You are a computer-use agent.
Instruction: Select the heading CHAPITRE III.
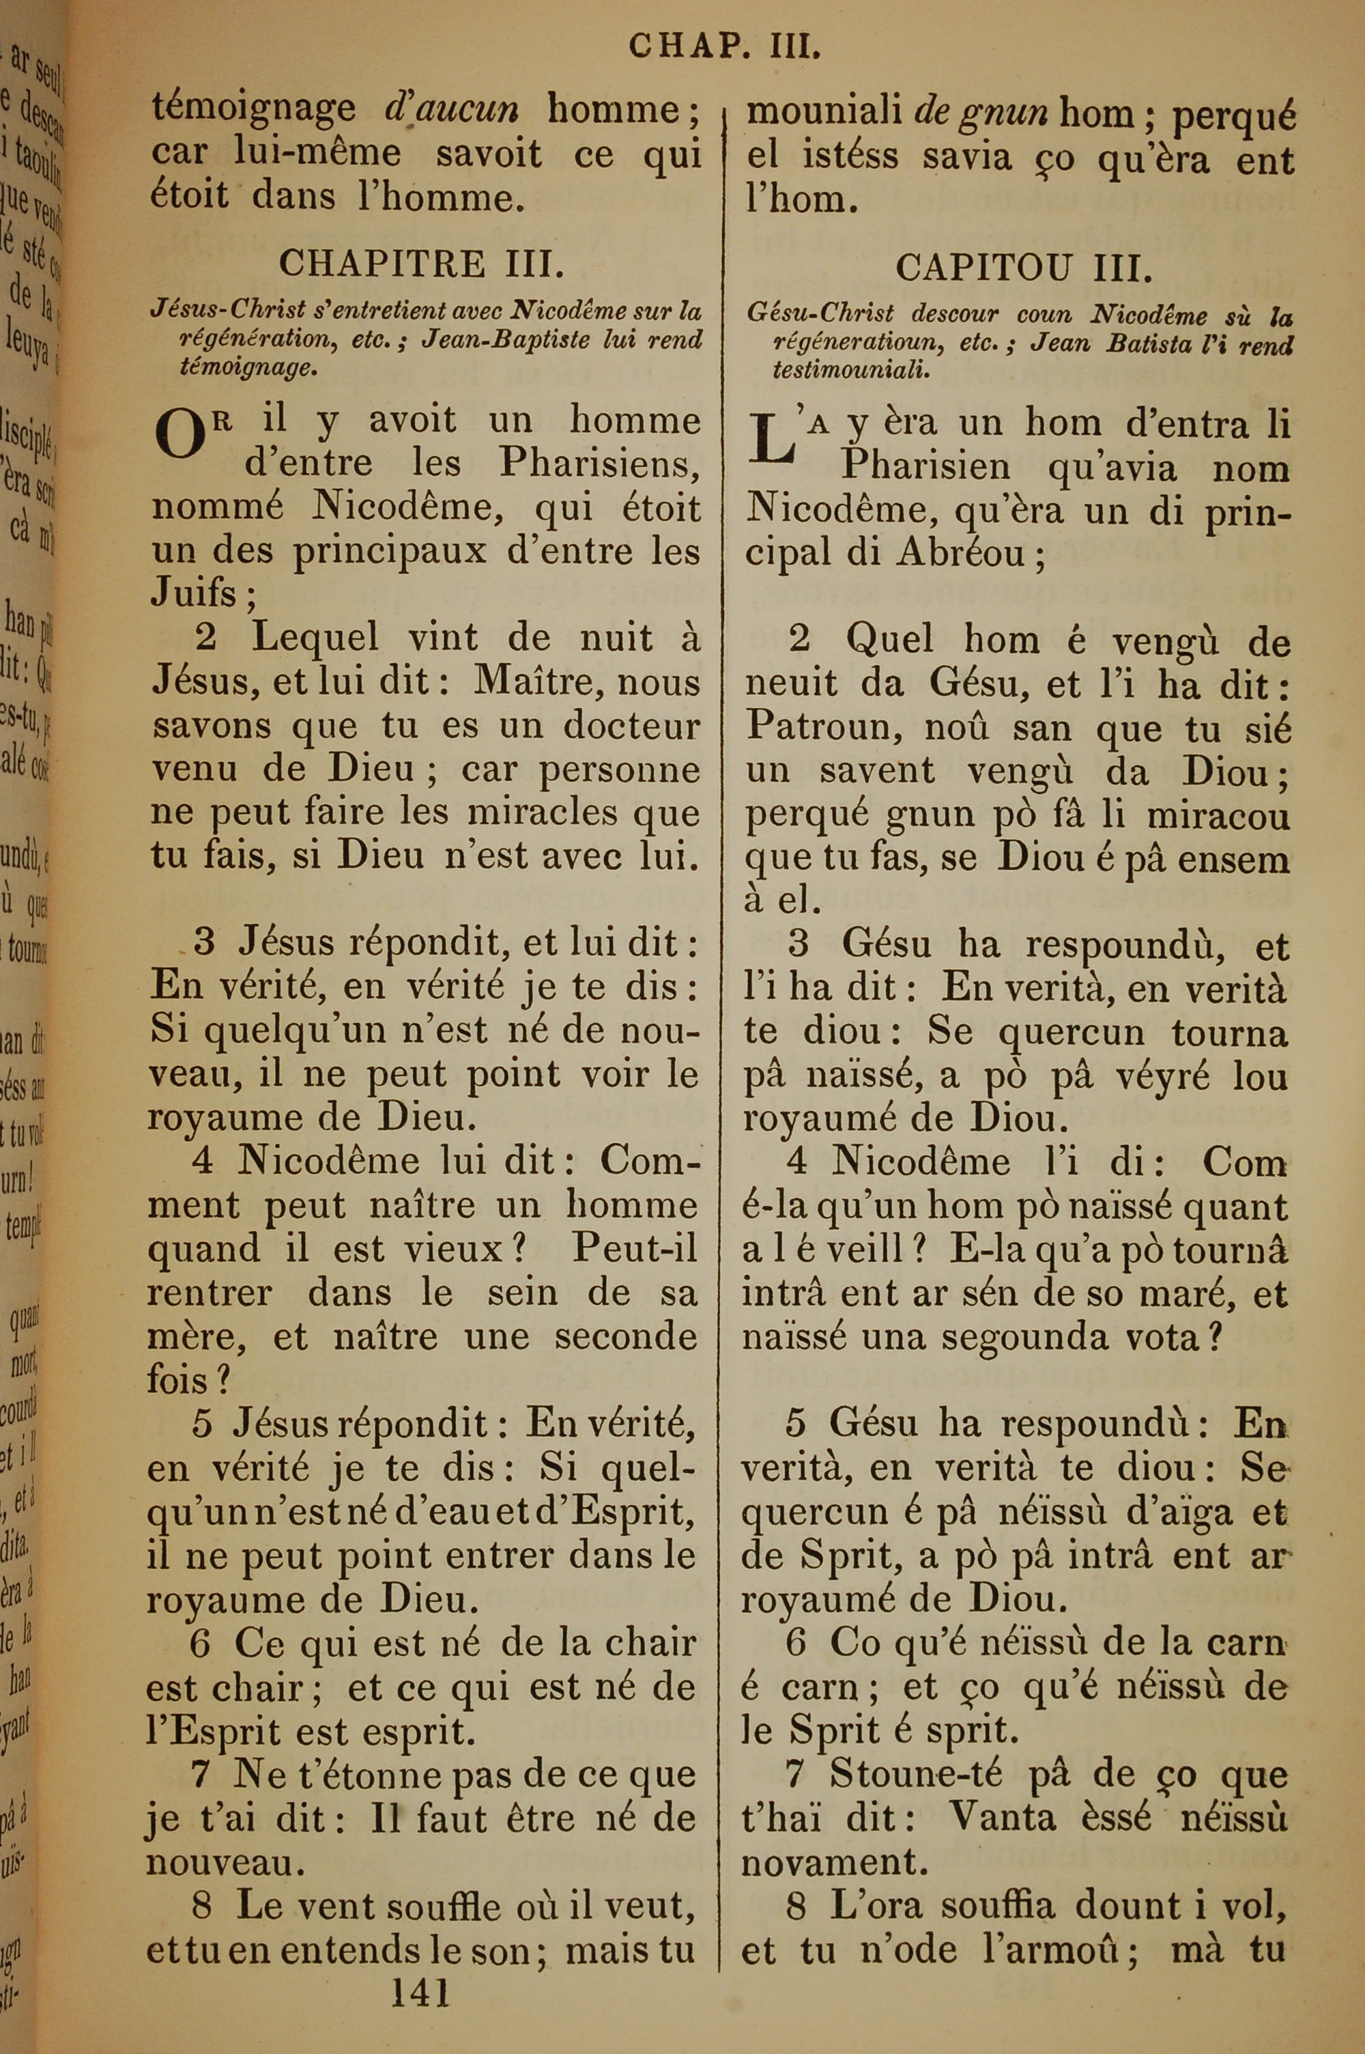point(414,262)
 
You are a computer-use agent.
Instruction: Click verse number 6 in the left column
point(200,1643)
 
